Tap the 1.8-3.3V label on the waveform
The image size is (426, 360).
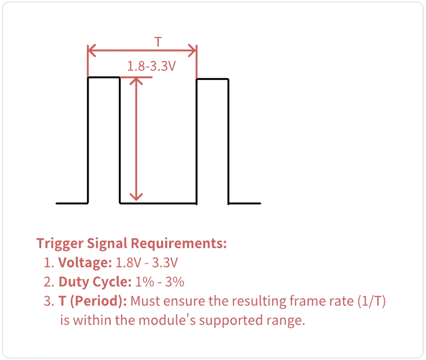click(152, 66)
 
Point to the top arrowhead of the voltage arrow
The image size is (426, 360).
click(136, 81)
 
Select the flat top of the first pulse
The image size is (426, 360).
click(104, 78)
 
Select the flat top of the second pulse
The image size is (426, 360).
click(212, 79)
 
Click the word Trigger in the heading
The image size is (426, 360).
click(60, 244)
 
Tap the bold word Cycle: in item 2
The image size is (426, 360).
click(114, 282)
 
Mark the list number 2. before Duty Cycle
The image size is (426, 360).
click(49, 282)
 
